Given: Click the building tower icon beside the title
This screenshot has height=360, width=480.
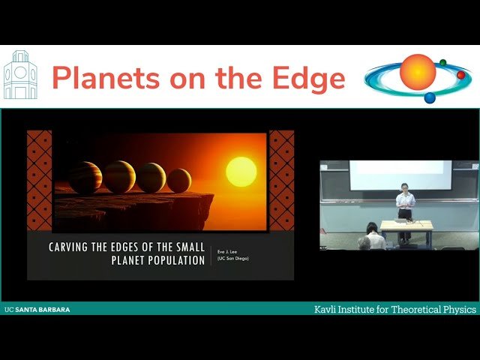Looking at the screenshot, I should [x=20, y=75].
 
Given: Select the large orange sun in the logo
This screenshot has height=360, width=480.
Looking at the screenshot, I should [x=418, y=72].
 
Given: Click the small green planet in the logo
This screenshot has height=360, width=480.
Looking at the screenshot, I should [x=443, y=62].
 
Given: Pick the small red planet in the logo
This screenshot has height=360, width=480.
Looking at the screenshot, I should [x=461, y=75].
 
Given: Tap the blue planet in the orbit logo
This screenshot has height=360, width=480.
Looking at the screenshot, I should [x=430, y=97].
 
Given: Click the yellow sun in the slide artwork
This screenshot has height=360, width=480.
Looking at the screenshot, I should [x=241, y=172].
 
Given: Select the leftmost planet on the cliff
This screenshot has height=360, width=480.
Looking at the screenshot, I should [x=85, y=178].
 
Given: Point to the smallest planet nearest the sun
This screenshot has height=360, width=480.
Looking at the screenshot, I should [x=178, y=180].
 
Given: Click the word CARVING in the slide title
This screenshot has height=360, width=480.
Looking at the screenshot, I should [x=74, y=247].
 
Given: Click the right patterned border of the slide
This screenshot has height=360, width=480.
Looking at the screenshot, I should [x=281, y=180].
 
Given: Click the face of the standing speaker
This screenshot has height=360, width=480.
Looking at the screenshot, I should [x=405, y=187].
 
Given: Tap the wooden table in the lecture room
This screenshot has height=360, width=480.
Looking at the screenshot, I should [x=406, y=225].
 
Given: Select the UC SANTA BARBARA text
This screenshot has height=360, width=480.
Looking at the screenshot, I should [x=37, y=309].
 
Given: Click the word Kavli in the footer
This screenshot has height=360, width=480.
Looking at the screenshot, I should [x=325, y=309].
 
